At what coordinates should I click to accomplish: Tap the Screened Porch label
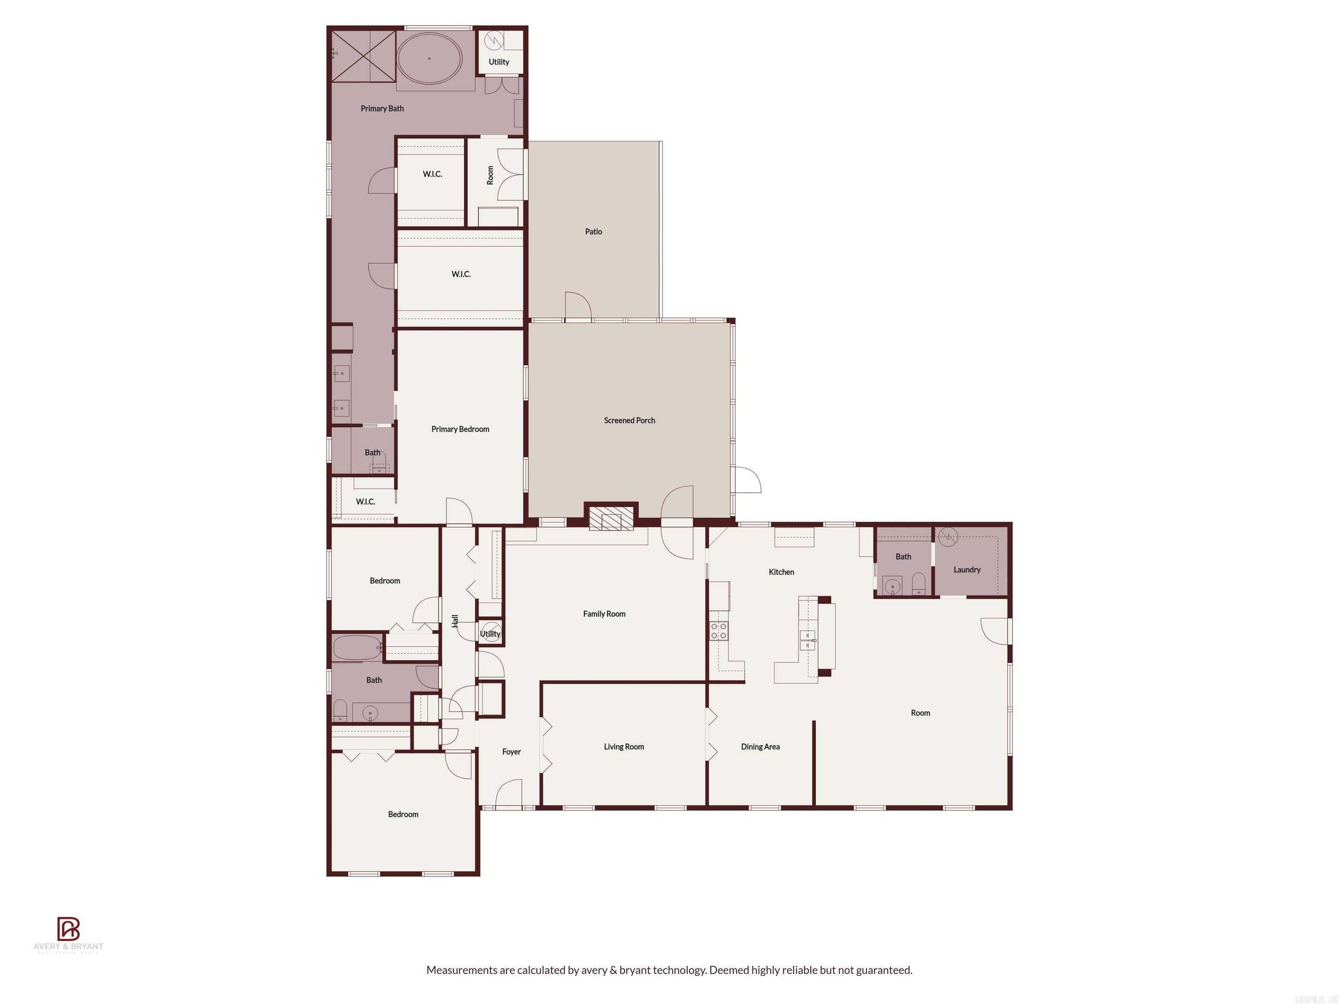point(629,421)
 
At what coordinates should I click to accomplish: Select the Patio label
point(593,232)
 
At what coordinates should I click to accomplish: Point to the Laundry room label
point(967,570)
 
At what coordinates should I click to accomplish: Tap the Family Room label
point(604,614)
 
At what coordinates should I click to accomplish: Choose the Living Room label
point(623,747)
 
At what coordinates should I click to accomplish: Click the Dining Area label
point(760,747)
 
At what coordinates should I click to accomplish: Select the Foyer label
point(511,752)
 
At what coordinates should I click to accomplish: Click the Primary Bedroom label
point(460,429)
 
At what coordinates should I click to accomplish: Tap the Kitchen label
point(781,572)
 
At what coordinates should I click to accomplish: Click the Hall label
point(455,621)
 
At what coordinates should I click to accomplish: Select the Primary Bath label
point(382,109)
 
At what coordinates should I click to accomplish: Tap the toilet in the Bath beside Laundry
point(918,584)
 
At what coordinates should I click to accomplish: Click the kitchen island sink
point(808,640)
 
